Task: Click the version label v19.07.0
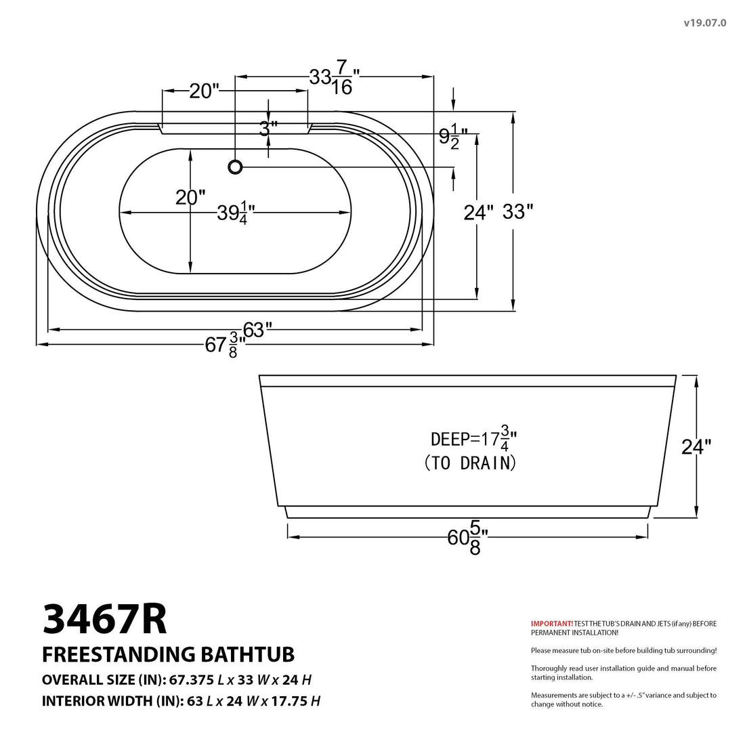click(x=705, y=22)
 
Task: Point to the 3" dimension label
click(x=269, y=128)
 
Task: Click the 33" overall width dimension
click(x=518, y=212)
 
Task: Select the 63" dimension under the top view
click(x=257, y=330)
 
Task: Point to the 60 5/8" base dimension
click(x=467, y=538)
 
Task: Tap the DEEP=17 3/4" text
click(x=473, y=438)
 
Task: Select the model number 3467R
click(x=104, y=619)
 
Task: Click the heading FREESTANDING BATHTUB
click(x=168, y=654)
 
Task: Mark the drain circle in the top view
click(x=235, y=166)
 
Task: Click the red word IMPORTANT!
click(x=551, y=623)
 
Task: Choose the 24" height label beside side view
click(x=696, y=447)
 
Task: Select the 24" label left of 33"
click(x=479, y=213)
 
